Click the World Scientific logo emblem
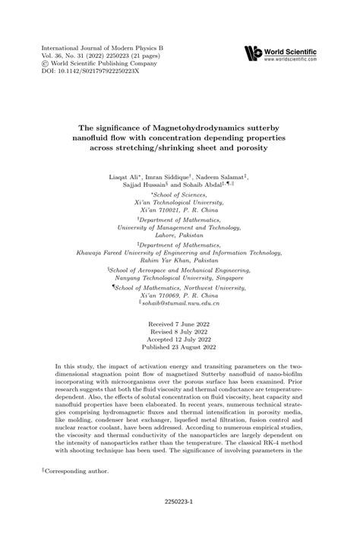[x=251, y=53]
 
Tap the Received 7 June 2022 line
[x=180, y=324]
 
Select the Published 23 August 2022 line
[x=180, y=347]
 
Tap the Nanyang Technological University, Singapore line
[x=180, y=278]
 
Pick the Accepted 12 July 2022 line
[x=180, y=340]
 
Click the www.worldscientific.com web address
[x=290, y=57]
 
